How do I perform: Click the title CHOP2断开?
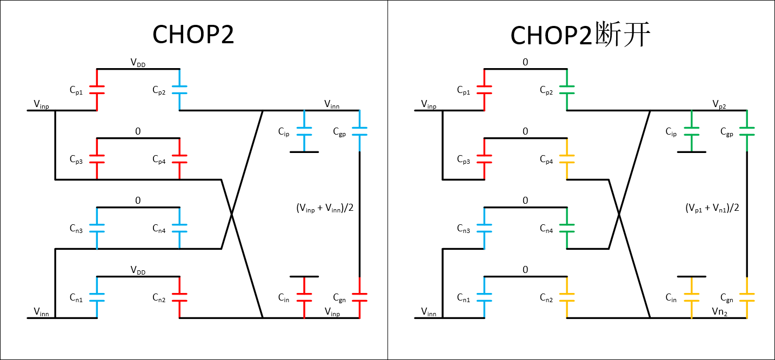(580, 36)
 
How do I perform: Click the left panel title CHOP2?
(193, 36)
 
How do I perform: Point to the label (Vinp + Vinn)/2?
(325, 208)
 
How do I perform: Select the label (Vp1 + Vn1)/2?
(712, 208)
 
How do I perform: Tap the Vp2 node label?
(719, 103)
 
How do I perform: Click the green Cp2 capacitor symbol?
(566, 90)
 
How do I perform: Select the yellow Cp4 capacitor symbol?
(566, 159)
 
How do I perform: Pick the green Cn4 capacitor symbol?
(566, 228)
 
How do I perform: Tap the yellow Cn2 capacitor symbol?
(566, 297)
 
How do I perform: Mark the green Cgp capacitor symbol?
(746, 131)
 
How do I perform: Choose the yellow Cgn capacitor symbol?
(746, 297)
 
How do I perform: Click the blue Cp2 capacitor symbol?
(179, 90)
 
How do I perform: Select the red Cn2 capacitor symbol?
(179, 297)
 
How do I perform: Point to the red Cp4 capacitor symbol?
(179, 159)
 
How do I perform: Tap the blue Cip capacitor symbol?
(304, 131)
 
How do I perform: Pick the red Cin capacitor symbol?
(304, 297)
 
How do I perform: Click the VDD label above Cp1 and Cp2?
(138, 63)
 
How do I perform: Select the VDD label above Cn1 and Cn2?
(138, 270)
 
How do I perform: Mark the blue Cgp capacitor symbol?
(359, 131)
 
